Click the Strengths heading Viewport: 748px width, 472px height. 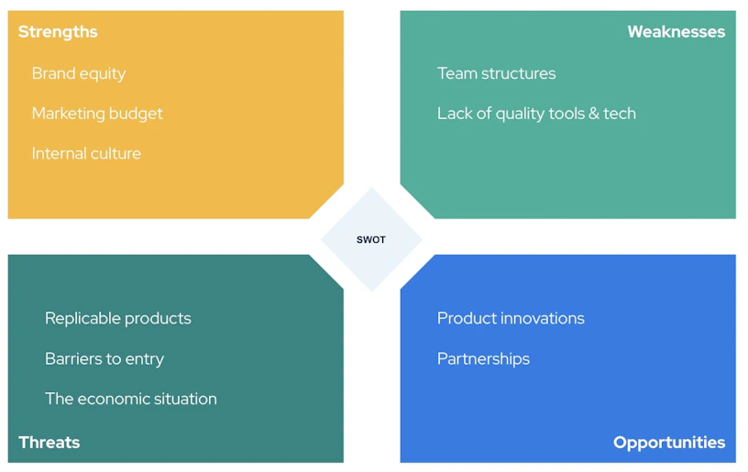click(x=58, y=32)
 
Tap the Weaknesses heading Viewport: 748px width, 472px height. click(x=676, y=32)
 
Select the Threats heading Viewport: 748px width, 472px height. click(x=49, y=443)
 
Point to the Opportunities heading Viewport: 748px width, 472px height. click(x=669, y=443)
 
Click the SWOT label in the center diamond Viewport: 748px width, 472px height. click(x=371, y=240)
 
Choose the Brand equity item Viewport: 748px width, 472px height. click(x=79, y=74)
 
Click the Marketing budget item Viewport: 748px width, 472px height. click(x=97, y=114)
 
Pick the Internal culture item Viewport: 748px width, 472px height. click(x=86, y=154)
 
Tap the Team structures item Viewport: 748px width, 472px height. click(x=497, y=73)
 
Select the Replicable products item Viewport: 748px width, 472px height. click(x=118, y=318)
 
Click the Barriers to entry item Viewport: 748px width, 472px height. click(x=104, y=359)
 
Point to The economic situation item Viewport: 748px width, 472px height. click(x=131, y=399)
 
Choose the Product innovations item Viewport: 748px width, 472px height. click(x=511, y=318)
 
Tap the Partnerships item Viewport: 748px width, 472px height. click(x=484, y=359)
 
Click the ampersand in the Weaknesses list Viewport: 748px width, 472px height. click(x=594, y=114)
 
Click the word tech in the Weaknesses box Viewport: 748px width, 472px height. click(x=620, y=114)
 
